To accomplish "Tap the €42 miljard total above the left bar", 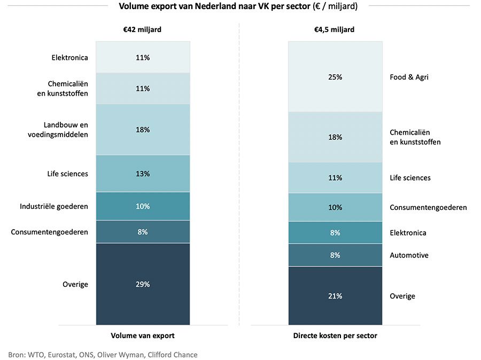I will click(x=142, y=30).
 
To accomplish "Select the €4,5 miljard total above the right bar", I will click(x=335, y=30).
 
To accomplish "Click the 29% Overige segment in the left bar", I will click(x=143, y=284).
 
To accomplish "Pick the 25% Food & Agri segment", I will click(x=335, y=77).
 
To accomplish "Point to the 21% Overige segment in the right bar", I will click(x=335, y=296).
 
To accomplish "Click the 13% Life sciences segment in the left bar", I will click(x=143, y=174).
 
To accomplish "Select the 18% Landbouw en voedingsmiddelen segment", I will click(x=143, y=130).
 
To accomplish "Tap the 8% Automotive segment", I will click(x=335, y=255).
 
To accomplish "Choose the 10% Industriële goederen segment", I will click(x=143, y=206).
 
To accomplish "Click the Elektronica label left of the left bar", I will click(x=69, y=58).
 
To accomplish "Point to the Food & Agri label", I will click(x=409, y=77).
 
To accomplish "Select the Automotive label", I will click(x=409, y=255).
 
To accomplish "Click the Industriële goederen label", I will click(x=54, y=206).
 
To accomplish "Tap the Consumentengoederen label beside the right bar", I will click(x=428, y=207).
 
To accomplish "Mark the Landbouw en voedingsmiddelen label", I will click(x=58, y=130).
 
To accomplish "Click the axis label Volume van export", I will click(x=143, y=335).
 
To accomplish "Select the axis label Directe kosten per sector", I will click(x=335, y=335).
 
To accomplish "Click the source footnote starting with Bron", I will click(x=103, y=355).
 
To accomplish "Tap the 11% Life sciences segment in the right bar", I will click(x=335, y=178).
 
